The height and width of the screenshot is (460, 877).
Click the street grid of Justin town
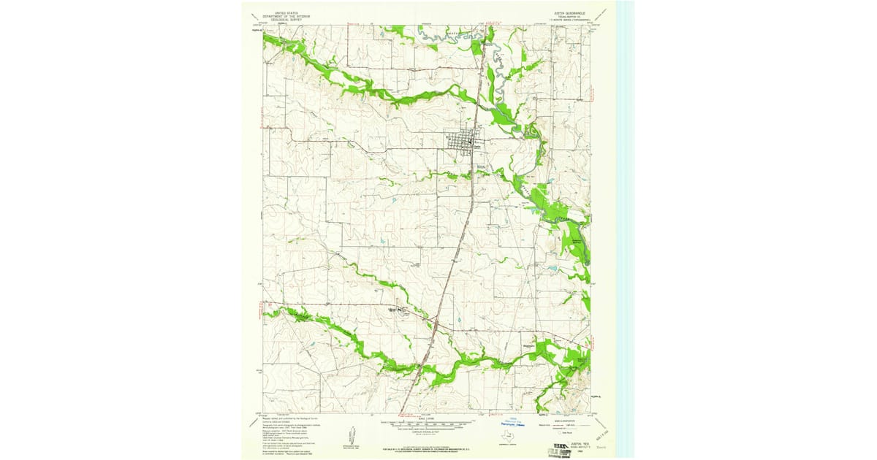(x=462, y=142)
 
